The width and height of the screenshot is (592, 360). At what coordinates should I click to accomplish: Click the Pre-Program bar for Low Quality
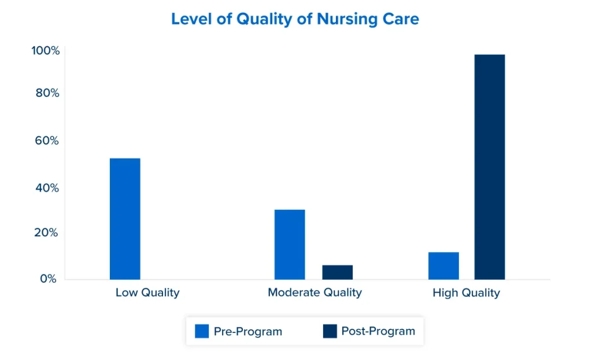coord(125,218)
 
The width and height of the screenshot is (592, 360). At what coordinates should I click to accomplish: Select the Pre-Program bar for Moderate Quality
coord(290,244)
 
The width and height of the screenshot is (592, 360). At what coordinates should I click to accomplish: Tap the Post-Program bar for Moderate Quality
coord(338,272)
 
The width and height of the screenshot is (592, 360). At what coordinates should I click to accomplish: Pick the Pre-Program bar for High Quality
coord(443,265)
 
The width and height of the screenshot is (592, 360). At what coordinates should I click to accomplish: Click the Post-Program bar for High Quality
coord(490,166)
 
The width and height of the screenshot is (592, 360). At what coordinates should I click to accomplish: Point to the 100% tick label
coord(46,51)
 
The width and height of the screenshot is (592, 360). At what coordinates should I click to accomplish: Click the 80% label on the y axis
coord(47,92)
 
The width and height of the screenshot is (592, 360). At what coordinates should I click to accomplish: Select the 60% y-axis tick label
coord(47,140)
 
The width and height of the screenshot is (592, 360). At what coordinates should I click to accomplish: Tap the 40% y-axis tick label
coord(47,188)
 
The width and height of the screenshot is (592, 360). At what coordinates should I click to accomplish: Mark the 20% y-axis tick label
coord(47,232)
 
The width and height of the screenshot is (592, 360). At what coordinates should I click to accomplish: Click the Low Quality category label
coord(147,292)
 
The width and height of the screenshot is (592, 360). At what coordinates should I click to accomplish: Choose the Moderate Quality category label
coord(314,292)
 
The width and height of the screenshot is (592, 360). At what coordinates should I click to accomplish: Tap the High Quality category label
coord(466,292)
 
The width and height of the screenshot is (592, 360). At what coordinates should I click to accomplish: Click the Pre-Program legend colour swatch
coord(202,331)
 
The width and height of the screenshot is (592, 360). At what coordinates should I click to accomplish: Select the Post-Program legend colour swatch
coord(330,331)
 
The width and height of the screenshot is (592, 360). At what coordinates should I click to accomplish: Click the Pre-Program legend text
coord(248,332)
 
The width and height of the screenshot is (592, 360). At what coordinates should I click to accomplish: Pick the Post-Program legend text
coord(378,331)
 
